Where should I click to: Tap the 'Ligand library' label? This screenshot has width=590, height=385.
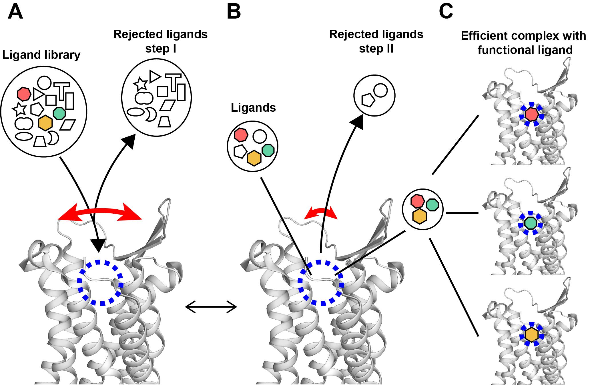(41, 55)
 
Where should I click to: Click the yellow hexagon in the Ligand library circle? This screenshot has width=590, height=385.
(45, 123)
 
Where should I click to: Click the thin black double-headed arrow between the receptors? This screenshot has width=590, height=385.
(211, 307)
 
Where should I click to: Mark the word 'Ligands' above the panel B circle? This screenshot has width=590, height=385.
(253, 108)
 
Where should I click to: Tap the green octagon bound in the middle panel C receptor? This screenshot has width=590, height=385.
(531, 223)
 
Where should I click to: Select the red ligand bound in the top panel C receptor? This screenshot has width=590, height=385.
(531, 114)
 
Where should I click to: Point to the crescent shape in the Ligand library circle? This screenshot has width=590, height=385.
(53, 138)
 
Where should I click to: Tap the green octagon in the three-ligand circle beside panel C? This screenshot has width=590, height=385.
(432, 204)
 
